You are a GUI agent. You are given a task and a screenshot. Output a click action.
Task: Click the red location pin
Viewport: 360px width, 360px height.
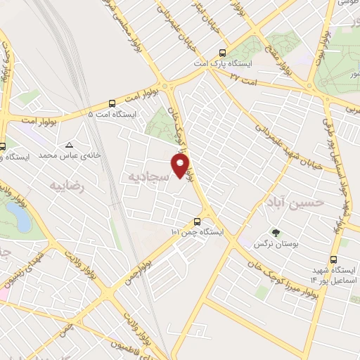pyautogui.click(x=181, y=165)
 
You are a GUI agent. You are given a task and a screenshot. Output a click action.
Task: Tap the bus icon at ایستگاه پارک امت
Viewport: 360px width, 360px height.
pyautogui.click(x=223, y=53)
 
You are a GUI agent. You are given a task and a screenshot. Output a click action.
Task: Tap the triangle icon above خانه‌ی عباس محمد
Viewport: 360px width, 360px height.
pyautogui.click(x=70, y=143)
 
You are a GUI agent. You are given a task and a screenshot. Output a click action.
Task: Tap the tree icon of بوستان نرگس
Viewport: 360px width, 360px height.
pyautogui.click(x=275, y=231)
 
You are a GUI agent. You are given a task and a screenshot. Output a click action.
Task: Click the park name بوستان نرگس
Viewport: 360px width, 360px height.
pyautogui.click(x=275, y=243)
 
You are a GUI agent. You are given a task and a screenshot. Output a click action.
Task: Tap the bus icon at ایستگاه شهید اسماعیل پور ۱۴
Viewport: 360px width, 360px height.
pyautogui.click(x=344, y=244)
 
